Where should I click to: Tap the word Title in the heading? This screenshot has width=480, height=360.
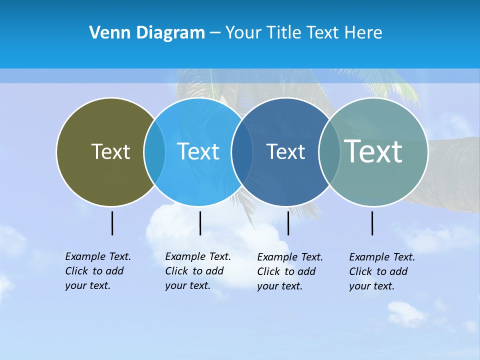284,33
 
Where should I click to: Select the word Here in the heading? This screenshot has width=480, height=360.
363,33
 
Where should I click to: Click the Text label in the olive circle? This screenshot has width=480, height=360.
110,151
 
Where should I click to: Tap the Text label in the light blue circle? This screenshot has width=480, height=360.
198,151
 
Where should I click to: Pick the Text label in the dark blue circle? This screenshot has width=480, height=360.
285,151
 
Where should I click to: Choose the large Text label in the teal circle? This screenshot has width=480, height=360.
373,151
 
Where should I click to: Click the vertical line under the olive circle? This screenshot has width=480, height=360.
112,223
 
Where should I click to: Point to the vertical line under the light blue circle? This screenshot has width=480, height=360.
200,223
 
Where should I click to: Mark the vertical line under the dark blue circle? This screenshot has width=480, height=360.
288,223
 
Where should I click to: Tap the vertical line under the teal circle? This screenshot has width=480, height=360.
372,223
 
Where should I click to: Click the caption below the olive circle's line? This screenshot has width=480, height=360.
98,271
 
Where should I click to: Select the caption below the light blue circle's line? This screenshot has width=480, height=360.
198,271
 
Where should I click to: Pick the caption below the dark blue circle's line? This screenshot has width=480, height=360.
290,271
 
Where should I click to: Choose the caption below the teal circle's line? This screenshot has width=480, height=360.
382,271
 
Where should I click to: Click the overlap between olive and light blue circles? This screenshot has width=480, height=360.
154,151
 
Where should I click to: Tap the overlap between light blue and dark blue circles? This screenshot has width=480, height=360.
242,151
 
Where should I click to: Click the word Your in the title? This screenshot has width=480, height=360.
243,33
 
